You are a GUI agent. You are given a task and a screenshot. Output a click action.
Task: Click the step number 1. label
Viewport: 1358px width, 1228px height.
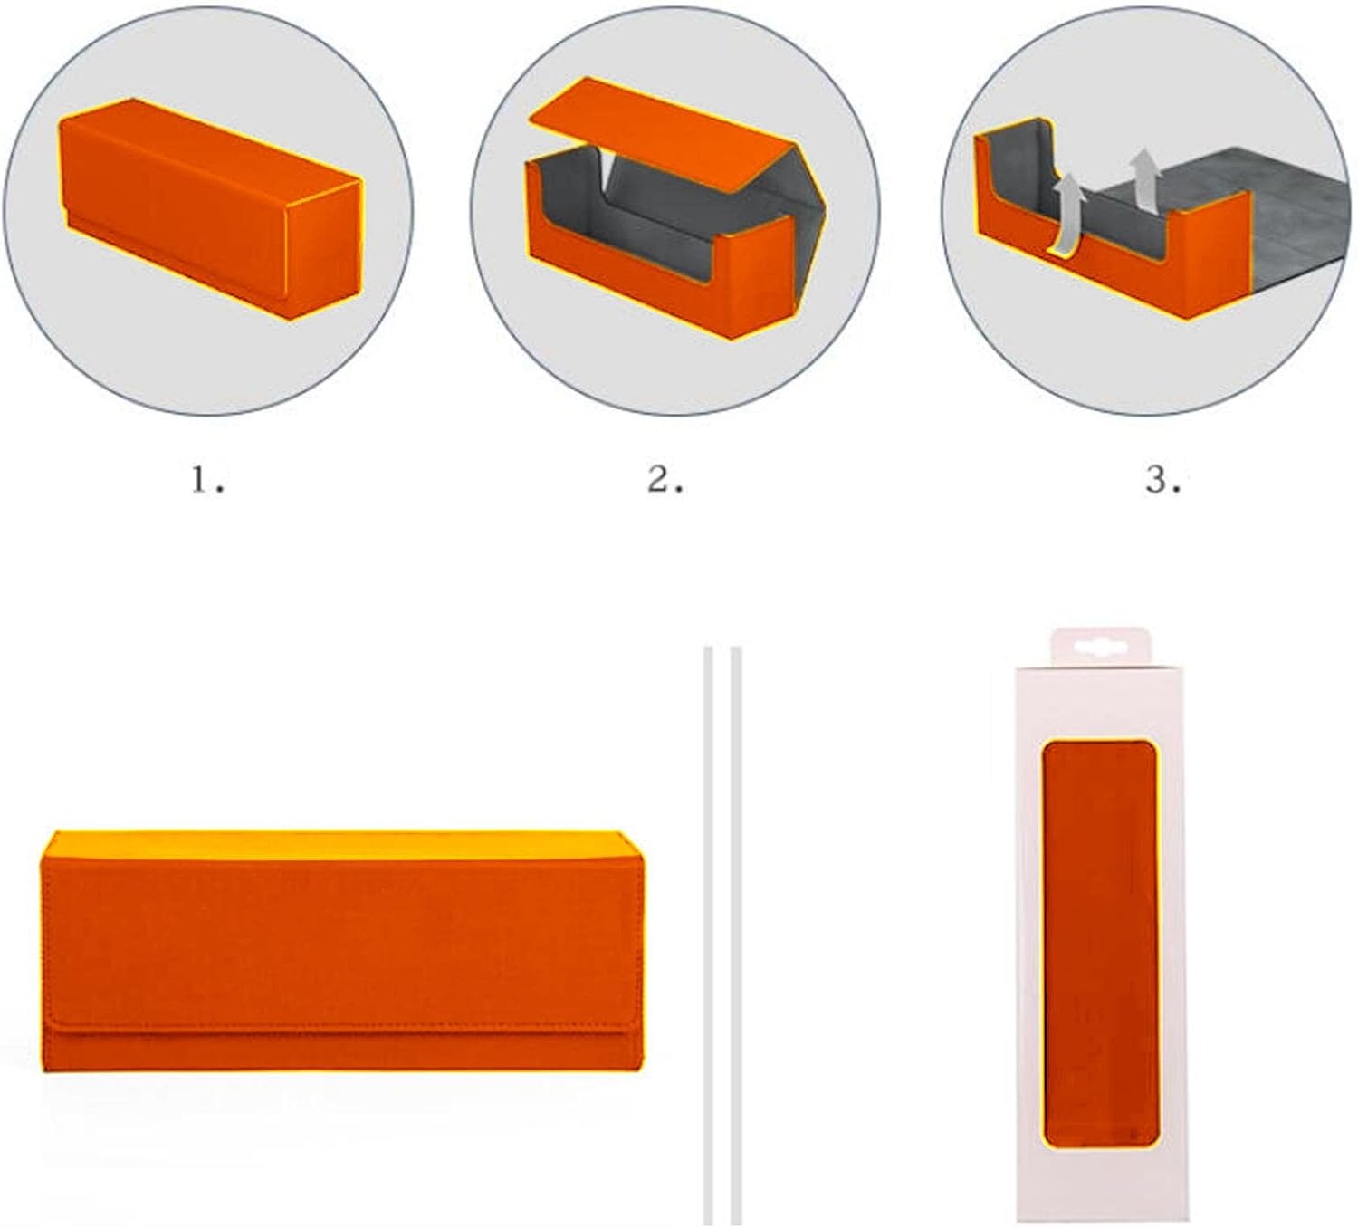pyautogui.click(x=207, y=481)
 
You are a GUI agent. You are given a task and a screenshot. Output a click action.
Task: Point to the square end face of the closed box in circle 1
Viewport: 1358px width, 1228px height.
pyautogui.click(x=325, y=249)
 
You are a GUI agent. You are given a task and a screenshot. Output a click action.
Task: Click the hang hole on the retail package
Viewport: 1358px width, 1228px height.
pyautogui.click(x=1100, y=648)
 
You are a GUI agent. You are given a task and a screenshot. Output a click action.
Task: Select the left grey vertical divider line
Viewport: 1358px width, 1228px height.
pyautogui.click(x=708, y=935)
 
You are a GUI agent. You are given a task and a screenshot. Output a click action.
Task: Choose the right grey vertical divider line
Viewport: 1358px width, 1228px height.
pyautogui.click(x=736, y=935)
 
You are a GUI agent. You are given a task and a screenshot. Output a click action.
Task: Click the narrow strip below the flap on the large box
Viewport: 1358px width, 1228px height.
pyautogui.click(x=342, y=1053)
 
